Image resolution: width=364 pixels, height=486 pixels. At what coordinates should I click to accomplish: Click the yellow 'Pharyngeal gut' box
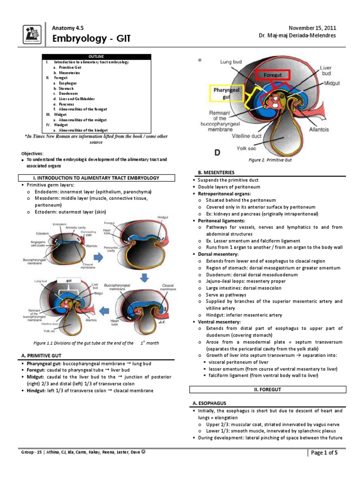pos(226,93)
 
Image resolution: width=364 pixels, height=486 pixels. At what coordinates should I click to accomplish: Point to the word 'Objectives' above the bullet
pos(32,154)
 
